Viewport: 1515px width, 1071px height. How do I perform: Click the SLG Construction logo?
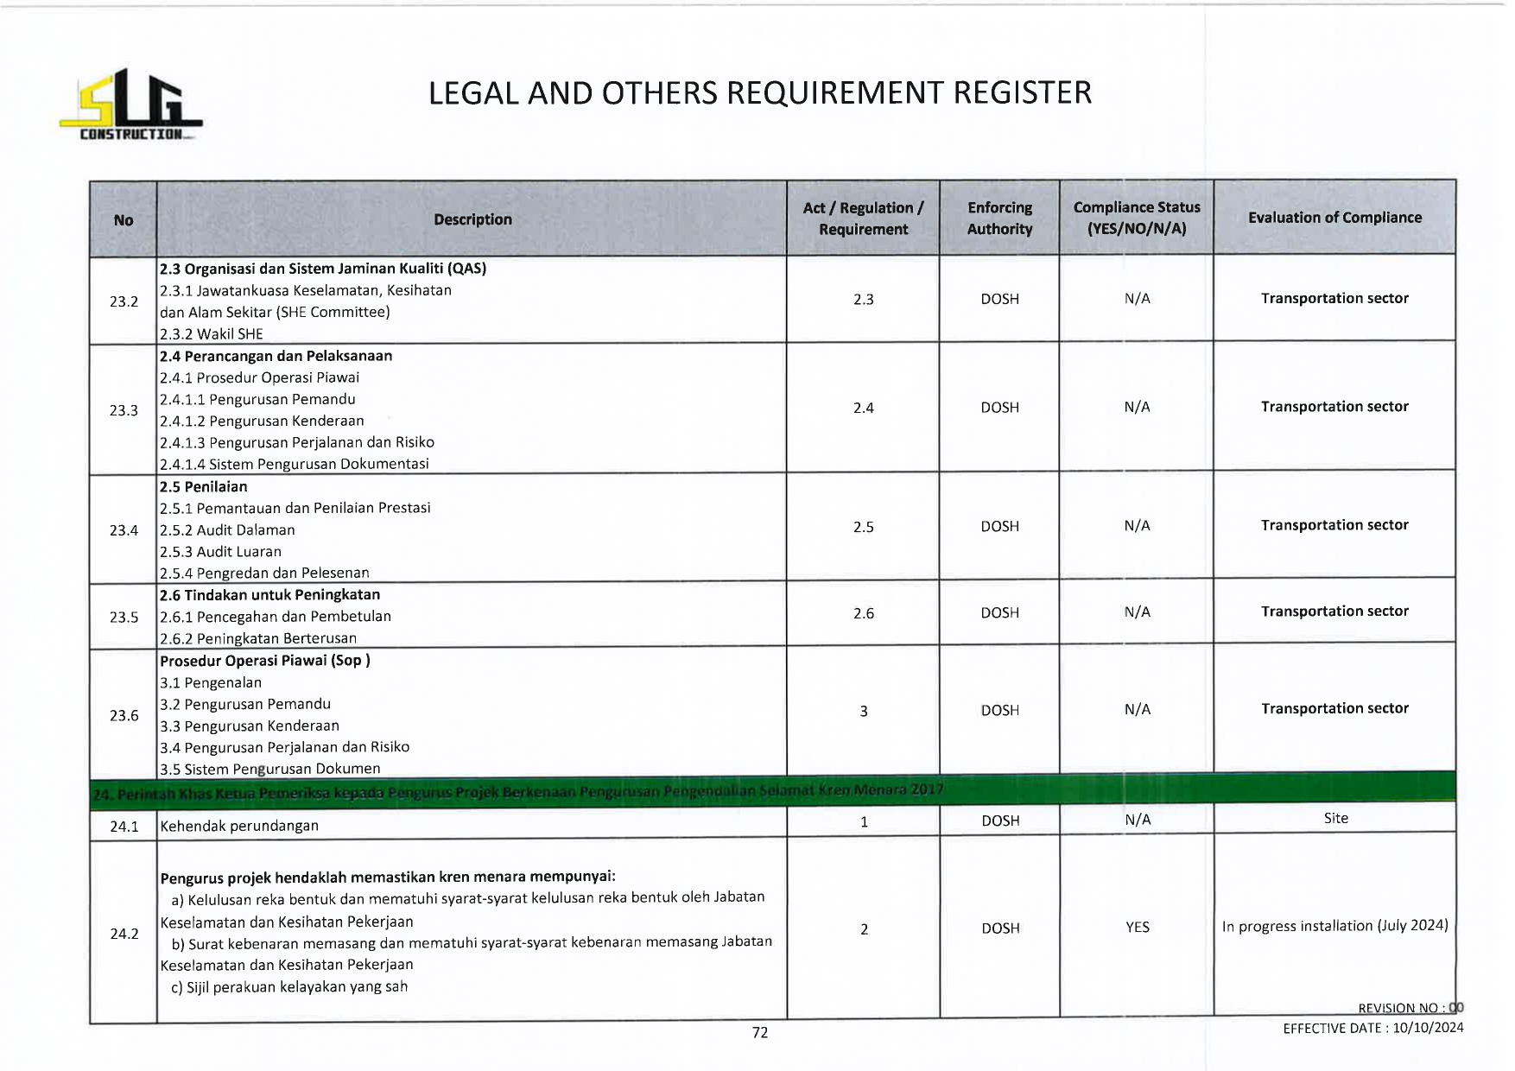pos(131,105)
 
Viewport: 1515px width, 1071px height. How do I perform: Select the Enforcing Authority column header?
pos(999,219)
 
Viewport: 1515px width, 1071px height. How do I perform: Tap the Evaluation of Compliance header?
pos(1334,218)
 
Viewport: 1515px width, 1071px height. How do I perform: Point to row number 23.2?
pos(124,301)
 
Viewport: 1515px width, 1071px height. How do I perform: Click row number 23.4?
pos(124,530)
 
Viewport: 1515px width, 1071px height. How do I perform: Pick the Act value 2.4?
pos(863,408)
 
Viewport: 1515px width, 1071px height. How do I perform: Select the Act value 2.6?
pos(863,613)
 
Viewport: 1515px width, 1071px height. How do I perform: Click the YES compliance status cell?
pos(1137,928)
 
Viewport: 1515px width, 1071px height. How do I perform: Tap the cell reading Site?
pos(1335,818)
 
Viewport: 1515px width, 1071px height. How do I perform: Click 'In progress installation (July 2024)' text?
pos(1334,926)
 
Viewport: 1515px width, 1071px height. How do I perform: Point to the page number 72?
pos(760,1032)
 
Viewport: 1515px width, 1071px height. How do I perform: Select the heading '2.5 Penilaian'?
pos(204,486)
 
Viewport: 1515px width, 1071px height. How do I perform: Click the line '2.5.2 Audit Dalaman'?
pos(227,530)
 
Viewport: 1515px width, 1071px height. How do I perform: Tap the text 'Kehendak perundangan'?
pos(239,826)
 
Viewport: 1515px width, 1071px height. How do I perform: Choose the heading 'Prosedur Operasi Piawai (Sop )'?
pos(264,661)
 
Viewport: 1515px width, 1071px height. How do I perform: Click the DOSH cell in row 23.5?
pos(999,612)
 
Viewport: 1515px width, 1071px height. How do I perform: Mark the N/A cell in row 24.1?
pos(1137,820)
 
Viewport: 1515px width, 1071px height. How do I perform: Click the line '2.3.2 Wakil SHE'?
pos(212,334)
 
